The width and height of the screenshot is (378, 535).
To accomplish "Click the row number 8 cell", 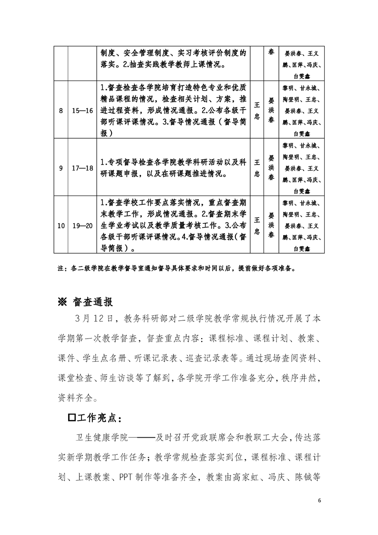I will [x=61, y=111].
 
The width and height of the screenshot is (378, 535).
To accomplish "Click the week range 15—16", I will [x=82, y=111].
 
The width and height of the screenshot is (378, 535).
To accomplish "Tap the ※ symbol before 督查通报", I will [x=63, y=302].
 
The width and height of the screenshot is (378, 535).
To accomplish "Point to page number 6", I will [x=320, y=500].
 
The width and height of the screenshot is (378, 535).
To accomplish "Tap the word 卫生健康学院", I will [x=100, y=437].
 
